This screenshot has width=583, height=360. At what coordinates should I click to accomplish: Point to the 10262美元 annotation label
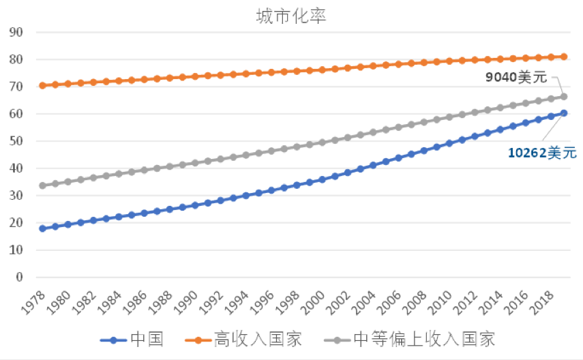pos(542,153)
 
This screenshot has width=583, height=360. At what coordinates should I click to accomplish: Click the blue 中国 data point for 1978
pos(42,228)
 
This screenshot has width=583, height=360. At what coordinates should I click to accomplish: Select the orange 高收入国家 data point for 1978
pos(42,85)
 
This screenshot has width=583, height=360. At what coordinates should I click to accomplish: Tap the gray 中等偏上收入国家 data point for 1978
pos(42,185)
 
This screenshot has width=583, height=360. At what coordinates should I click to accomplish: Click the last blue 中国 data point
pos(564,113)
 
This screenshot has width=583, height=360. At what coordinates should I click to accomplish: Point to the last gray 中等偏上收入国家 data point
pos(564,96)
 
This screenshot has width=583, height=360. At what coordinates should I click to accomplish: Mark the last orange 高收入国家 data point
pos(564,57)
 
